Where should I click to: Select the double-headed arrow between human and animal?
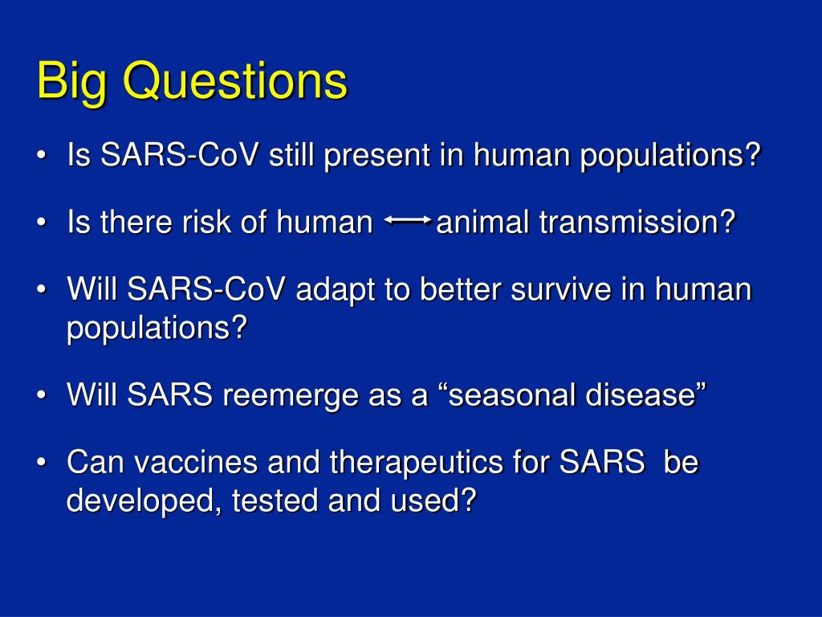[408, 220]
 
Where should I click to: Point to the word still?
[291, 154]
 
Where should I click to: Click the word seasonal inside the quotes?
[513, 394]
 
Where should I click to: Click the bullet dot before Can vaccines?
[42, 463]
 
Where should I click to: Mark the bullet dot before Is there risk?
[42, 223]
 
